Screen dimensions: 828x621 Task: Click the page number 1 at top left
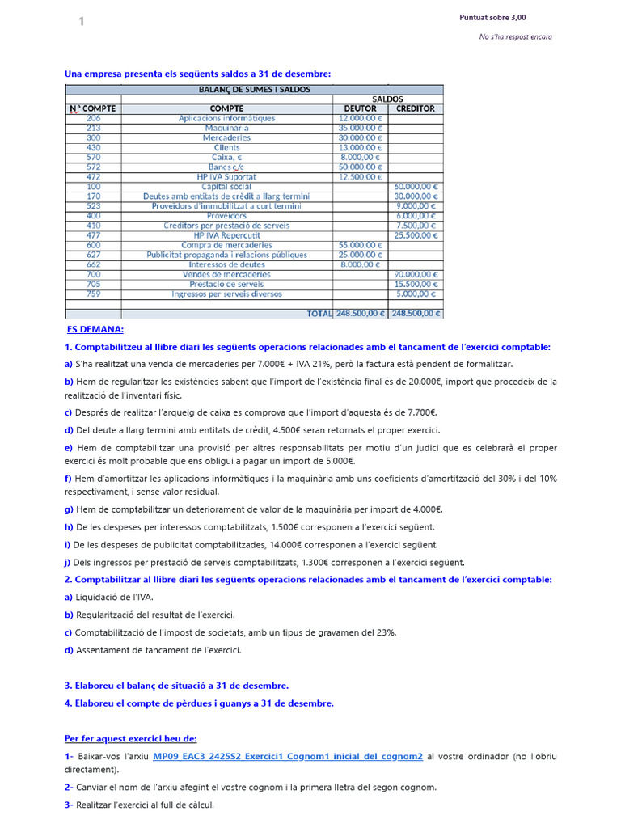pos(81,22)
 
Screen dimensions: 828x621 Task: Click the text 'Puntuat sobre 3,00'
pos(492,18)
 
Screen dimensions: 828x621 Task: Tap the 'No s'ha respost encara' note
pos(515,36)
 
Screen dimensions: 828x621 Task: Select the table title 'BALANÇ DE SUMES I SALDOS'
pos(254,89)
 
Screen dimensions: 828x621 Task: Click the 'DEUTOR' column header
pos(360,108)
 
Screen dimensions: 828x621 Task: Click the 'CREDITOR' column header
pos(416,108)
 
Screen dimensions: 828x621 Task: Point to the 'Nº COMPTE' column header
pos(92,108)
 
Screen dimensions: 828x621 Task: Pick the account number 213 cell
pos(93,128)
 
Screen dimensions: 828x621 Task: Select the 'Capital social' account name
pos(226,187)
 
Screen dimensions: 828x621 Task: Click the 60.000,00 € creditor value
pos(416,187)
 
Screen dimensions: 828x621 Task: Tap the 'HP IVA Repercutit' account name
pos(226,235)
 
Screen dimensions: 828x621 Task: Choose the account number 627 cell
pos(93,255)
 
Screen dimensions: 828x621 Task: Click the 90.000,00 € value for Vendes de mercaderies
pos(416,274)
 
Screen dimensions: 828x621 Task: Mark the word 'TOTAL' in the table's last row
pos(319,313)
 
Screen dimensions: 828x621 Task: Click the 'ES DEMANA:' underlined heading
pos(95,330)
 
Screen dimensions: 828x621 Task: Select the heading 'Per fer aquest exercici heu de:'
pos(130,738)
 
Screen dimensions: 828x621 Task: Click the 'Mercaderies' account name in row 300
pos(226,137)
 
